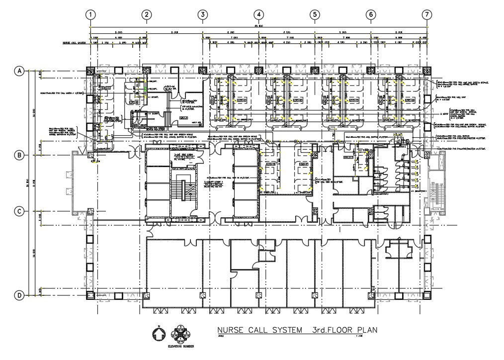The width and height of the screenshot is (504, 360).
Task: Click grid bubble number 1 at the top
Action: click(90, 15)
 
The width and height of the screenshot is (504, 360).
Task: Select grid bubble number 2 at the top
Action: click(146, 15)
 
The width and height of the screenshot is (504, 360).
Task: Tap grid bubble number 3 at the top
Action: click(202, 15)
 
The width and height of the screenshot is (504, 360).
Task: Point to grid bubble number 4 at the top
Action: click(258, 15)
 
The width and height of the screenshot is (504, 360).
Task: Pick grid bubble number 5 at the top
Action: click(315, 15)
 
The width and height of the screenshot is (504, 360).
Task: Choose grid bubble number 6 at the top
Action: click(371, 15)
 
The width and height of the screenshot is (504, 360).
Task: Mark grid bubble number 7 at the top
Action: click(427, 15)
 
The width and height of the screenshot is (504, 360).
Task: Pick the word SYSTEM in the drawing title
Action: click(288, 330)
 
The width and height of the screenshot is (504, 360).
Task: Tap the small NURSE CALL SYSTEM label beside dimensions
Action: click(75, 43)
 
